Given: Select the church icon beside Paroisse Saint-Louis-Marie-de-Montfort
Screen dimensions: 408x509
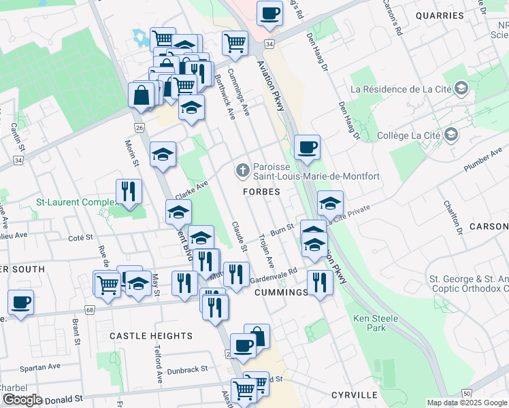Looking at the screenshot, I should pyautogui.click(x=242, y=170).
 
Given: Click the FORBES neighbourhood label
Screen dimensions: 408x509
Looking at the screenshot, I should pyautogui.click(x=262, y=192).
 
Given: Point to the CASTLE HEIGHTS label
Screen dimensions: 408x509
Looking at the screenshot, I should pyautogui.click(x=151, y=336).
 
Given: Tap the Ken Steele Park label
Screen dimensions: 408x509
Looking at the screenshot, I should pyautogui.click(x=369, y=323).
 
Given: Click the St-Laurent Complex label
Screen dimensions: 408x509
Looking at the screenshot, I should pyautogui.click(x=77, y=202).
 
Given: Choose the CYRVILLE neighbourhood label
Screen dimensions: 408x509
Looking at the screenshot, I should pyautogui.click(x=354, y=394).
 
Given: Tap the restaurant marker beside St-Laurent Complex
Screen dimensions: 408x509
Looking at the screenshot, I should pyautogui.click(x=129, y=192).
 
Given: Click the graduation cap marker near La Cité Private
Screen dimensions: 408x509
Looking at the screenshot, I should pyautogui.click(x=330, y=203).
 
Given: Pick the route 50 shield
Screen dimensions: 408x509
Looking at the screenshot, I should pyautogui.click(x=466, y=394).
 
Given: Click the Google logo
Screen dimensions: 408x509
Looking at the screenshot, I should pyautogui.click(x=22, y=400).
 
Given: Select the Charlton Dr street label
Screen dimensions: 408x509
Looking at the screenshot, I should pyautogui.click(x=453, y=218).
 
